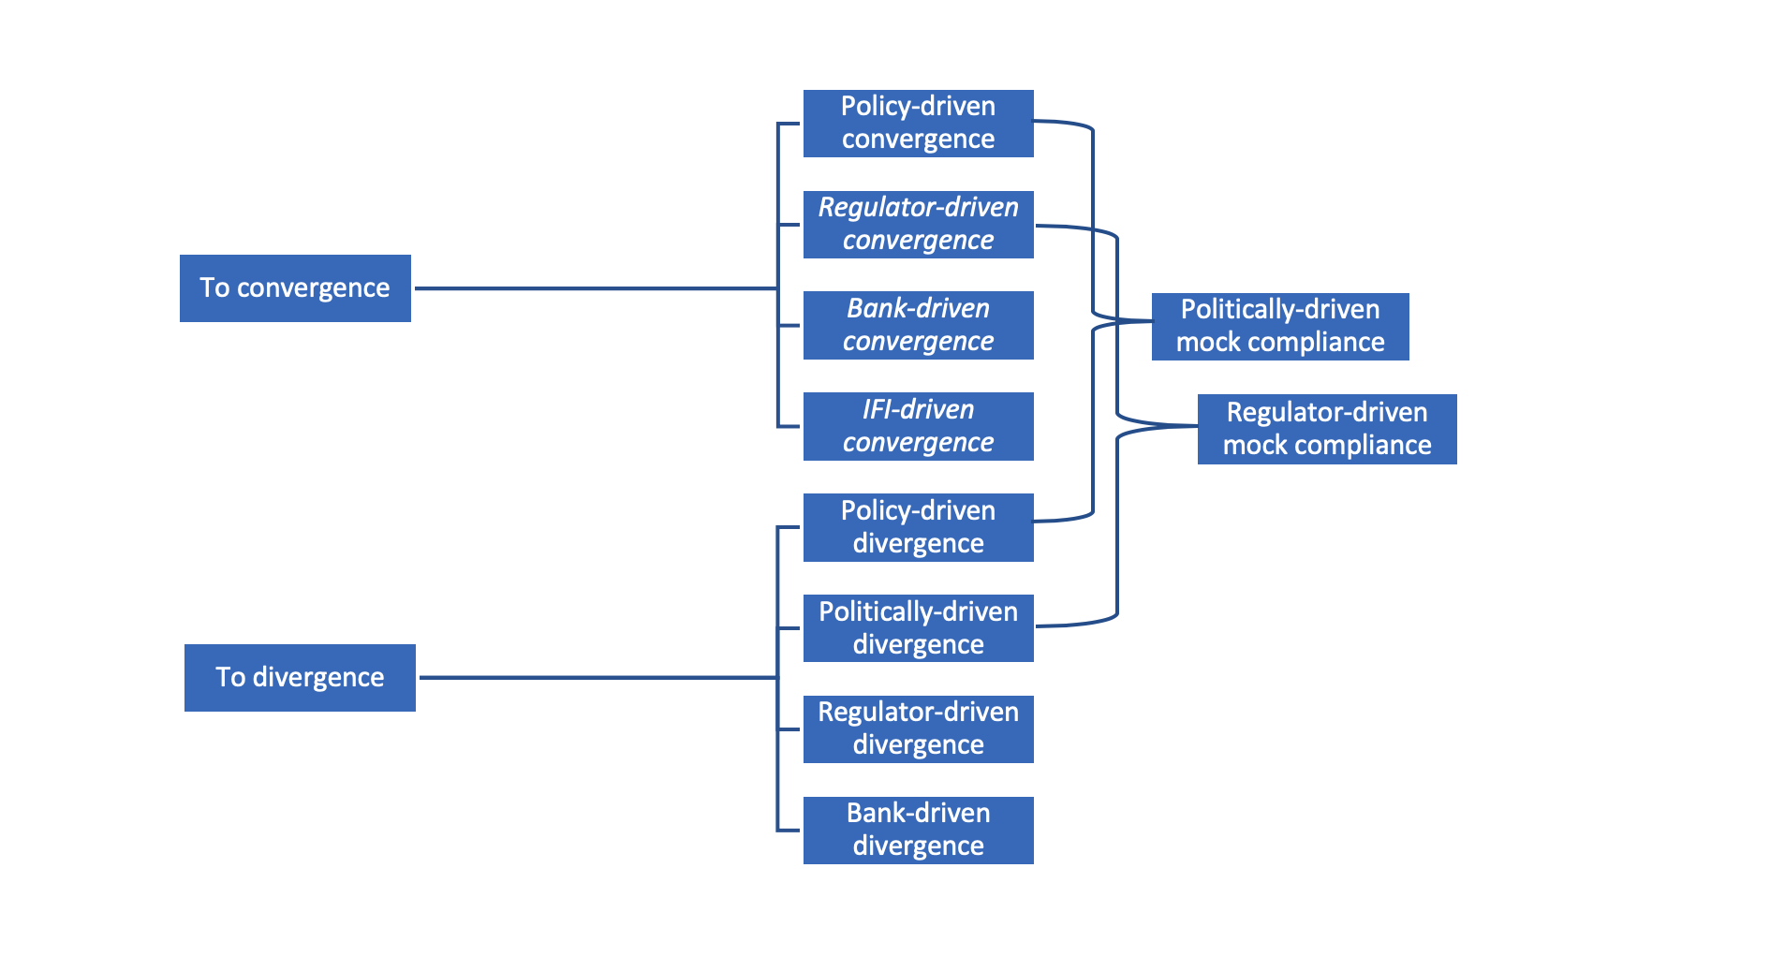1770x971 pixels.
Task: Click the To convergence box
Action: [x=295, y=288]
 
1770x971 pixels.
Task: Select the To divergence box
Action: [x=300, y=678]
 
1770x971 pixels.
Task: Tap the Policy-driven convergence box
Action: [x=918, y=123]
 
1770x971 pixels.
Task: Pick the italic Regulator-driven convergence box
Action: [x=918, y=224]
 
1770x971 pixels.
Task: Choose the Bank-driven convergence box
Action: [x=918, y=325]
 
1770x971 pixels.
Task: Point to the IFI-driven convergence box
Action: [x=918, y=426]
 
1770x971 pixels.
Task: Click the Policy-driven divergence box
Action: [x=918, y=527]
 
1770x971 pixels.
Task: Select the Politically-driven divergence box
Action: [x=918, y=628]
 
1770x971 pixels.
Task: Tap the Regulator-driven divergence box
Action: [x=918, y=728]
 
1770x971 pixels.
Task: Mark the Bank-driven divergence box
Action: [x=918, y=830]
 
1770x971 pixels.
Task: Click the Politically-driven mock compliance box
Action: [x=1279, y=326]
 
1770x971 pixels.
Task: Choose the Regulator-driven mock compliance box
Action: [x=1326, y=429]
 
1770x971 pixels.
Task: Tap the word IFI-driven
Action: [x=918, y=410]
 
